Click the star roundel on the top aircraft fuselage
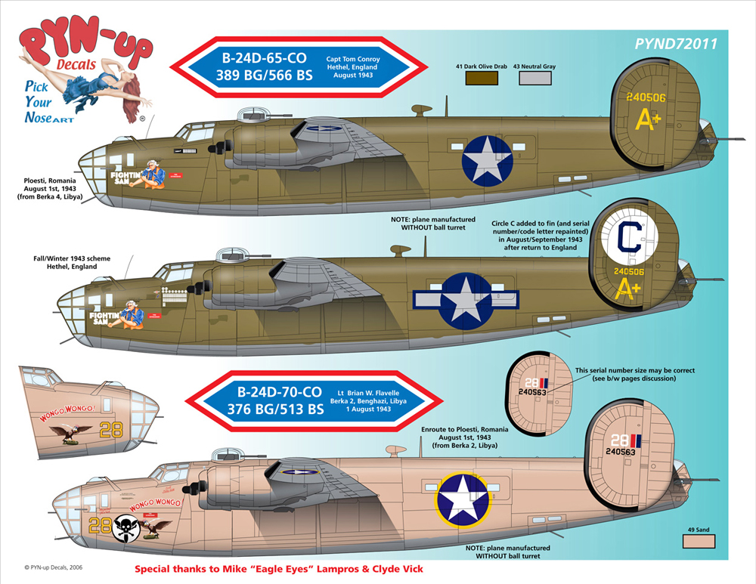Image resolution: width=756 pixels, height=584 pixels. (x=488, y=160)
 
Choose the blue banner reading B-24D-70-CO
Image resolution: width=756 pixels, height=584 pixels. (x=280, y=400)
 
